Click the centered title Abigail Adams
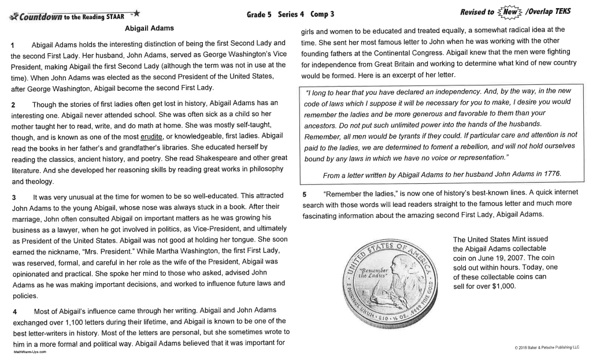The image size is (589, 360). point(149,28)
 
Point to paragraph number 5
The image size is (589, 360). point(304,192)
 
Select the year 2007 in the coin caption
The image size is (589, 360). point(516,258)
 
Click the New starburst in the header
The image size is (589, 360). point(511,12)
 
